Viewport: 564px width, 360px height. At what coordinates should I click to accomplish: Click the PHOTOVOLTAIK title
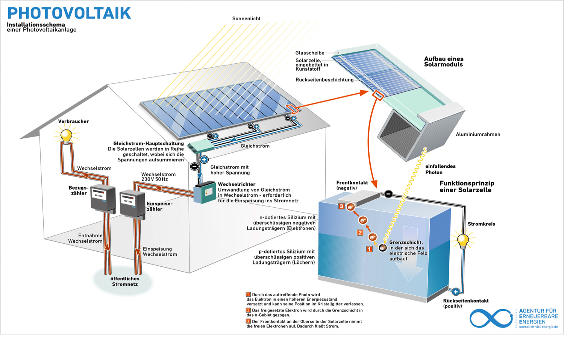(x=69, y=13)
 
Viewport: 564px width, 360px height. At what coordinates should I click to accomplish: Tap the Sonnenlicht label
(x=246, y=18)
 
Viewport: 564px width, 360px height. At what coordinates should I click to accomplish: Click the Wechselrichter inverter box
(x=205, y=193)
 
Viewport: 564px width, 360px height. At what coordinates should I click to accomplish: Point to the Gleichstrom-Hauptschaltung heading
(x=149, y=143)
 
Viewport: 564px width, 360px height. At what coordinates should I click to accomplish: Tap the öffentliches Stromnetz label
(x=125, y=281)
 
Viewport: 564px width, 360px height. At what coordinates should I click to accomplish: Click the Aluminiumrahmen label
(x=478, y=134)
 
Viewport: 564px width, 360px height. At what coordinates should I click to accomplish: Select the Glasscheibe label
(x=309, y=53)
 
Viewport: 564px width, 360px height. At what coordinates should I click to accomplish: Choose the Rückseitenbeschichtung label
(x=324, y=80)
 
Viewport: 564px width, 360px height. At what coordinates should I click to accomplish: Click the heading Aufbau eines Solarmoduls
(x=444, y=62)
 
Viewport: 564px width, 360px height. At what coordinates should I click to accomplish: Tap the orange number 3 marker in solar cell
(x=341, y=206)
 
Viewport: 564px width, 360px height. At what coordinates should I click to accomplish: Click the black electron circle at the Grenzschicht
(x=382, y=248)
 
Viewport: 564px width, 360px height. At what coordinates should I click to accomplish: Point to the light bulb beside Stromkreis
(x=463, y=240)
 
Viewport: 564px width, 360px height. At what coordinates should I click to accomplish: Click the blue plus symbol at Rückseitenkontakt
(x=456, y=292)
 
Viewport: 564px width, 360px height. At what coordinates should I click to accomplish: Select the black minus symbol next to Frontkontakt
(x=388, y=194)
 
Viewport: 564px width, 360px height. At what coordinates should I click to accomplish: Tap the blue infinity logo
(x=491, y=318)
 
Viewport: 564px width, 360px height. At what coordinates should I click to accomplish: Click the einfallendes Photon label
(x=440, y=169)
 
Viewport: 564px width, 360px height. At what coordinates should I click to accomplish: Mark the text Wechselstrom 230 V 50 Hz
(x=158, y=177)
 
